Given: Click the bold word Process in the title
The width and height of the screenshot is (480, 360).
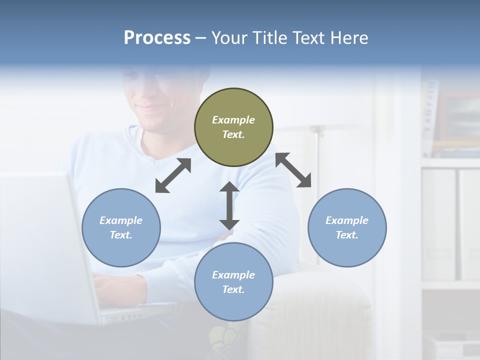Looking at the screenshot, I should (157, 38).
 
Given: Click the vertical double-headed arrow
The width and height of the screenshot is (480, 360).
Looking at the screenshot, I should (229, 205).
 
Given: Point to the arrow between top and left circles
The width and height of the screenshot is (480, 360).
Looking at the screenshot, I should (173, 175).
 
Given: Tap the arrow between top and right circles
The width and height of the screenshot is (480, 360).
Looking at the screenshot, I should (293, 170).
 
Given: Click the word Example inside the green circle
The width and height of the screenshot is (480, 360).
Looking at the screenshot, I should (233, 120).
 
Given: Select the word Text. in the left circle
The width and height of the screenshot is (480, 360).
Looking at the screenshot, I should (121, 235).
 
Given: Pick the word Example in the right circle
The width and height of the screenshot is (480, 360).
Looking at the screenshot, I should (347, 220).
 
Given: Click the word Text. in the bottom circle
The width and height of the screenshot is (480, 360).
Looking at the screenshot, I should (233, 289).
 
